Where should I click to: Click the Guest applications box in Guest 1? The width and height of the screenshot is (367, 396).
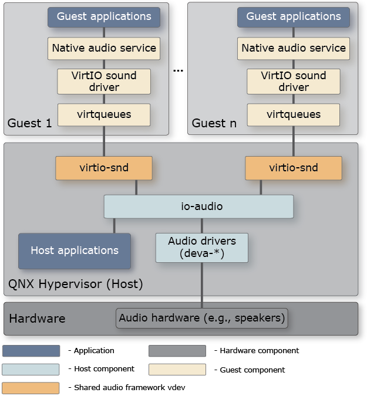click(x=104, y=17)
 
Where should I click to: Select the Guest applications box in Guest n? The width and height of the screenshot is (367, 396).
click(x=293, y=17)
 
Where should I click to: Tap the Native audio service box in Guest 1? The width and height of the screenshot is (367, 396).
click(x=104, y=48)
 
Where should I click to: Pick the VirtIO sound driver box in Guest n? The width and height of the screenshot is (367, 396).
click(x=293, y=82)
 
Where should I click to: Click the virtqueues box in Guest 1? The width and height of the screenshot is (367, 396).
click(x=104, y=114)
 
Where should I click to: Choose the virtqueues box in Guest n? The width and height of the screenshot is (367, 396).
click(x=293, y=114)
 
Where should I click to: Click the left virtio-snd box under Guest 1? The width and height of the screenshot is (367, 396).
click(x=104, y=168)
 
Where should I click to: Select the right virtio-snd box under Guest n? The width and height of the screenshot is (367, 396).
click(x=293, y=168)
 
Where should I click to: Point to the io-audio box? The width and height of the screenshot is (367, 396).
click(x=198, y=207)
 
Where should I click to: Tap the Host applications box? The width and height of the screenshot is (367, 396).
click(x=75, y=251)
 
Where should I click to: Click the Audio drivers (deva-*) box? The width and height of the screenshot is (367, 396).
click(x=202, y=248)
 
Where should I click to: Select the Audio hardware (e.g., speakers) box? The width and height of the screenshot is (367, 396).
click(x=202, y=319)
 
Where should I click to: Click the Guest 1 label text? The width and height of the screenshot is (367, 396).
click(x=29, y=123)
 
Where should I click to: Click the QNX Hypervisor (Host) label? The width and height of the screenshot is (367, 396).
click(x=75, y=285)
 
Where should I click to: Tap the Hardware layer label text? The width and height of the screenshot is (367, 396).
click(x=37, y=319)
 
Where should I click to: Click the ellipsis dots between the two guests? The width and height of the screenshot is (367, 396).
click(x=179, y=70)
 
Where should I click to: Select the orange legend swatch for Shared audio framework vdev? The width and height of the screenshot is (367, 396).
click(x=31, y=388)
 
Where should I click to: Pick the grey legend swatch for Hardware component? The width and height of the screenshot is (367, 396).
click(x=177, y=351)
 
